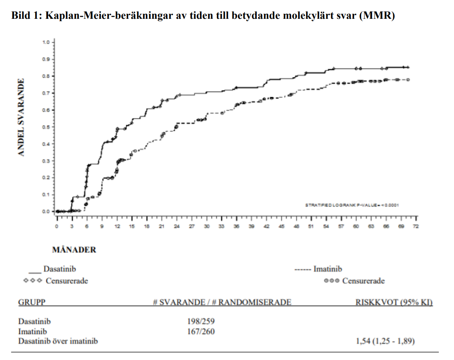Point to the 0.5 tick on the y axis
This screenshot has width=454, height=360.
46,127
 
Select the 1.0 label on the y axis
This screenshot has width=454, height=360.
46,42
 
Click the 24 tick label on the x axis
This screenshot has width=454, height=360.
177,227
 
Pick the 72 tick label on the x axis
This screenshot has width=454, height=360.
416,227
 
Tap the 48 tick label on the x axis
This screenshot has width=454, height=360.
296,227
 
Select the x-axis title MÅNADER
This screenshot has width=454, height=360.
74,250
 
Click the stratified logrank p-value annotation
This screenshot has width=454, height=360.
352,205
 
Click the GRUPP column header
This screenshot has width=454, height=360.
32,302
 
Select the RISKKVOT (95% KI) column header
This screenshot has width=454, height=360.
394,302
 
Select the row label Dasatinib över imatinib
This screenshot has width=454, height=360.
58,341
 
